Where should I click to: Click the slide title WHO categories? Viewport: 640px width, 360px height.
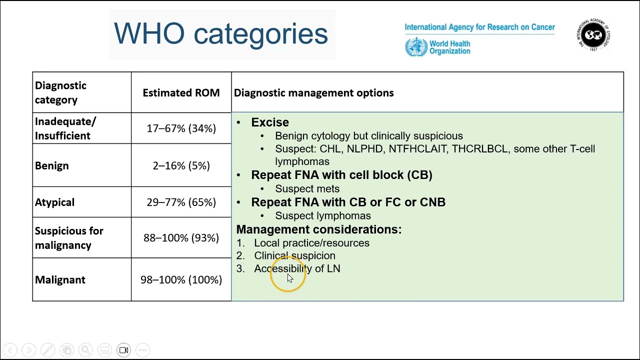coord(220,33)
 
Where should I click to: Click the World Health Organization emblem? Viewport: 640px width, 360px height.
coord(416,47)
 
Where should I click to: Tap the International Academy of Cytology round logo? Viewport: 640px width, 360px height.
coord(593,34)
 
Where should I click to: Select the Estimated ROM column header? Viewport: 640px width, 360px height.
coord(181,92)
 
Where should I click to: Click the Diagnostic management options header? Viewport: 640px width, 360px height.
coord(313,92)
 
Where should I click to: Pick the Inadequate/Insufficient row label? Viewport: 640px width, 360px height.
coord(65,128)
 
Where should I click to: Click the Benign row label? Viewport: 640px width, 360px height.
coord(52,165)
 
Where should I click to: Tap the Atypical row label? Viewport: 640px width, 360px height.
coord(54,202)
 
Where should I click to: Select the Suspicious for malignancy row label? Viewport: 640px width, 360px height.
coord(69,238)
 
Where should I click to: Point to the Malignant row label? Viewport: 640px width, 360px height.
coord(60,279)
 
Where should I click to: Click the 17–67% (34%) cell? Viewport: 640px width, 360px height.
coord(181,128)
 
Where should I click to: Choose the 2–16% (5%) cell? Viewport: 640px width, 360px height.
coord(181,165)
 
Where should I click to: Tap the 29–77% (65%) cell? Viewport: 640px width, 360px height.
coord(181,202)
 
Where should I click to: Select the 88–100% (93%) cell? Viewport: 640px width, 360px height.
coord(181,238)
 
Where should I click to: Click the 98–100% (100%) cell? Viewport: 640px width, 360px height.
coord(181,279)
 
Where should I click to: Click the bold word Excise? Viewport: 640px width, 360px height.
coord(269,122)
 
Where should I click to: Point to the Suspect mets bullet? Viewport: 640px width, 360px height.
coord(307,188)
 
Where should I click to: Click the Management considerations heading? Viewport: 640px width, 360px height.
coord(318,229)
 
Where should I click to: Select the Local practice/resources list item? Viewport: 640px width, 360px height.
coord(311,243)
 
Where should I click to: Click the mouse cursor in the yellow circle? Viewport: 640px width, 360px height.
coord(289,278)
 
